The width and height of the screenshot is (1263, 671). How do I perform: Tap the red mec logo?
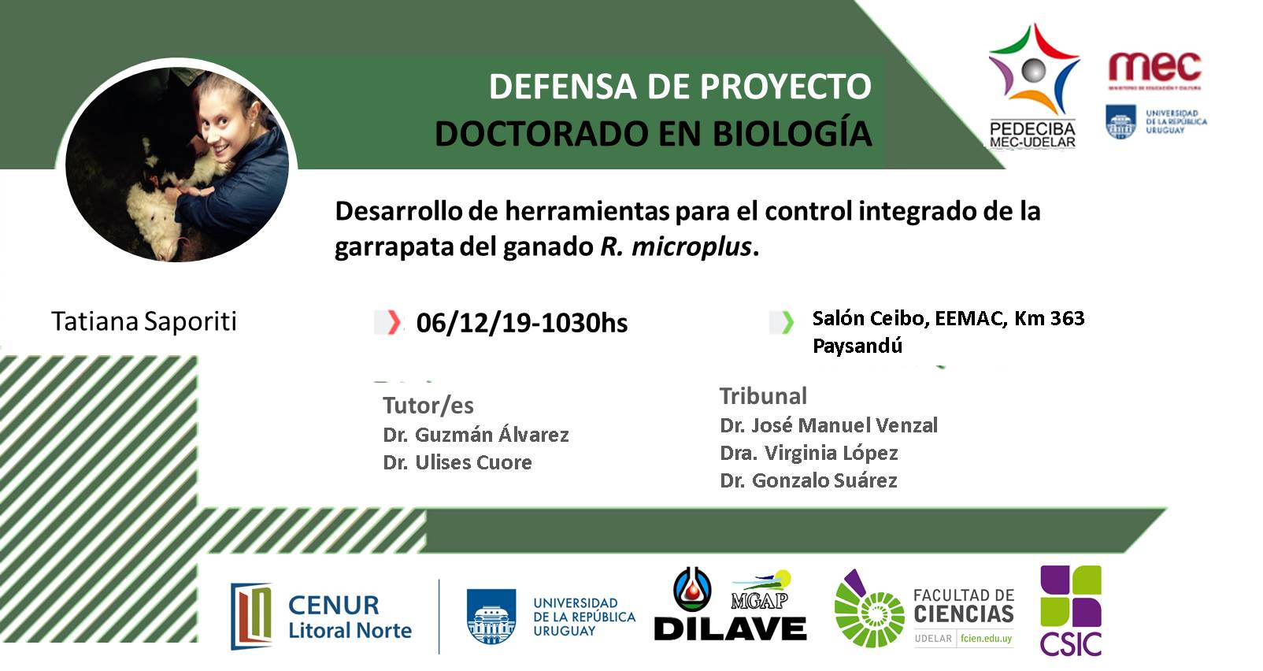pos(1155,68)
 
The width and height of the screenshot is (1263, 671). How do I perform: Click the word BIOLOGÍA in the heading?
pos(792,134)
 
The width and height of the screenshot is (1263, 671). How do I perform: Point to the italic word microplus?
pos(691,247)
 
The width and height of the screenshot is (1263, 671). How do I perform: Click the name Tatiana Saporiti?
pos(144,321)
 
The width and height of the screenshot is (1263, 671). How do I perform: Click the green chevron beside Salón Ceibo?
pos(787,322)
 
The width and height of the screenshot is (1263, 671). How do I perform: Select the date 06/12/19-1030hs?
pos(521,323)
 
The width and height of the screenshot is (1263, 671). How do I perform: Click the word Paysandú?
pos(857,346)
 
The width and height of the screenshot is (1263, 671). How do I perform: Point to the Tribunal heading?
pos(763,396)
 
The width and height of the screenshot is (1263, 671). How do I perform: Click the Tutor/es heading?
pos(428,405)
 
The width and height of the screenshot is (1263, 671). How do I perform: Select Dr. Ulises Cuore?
pos(457,462)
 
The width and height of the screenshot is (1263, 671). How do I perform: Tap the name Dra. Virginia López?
pos(809,453)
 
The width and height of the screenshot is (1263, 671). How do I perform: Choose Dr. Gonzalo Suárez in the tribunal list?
pos(808,480)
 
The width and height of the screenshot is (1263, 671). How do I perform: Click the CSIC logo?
pos(1071,610)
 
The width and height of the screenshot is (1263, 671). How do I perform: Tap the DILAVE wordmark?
pos(730,628)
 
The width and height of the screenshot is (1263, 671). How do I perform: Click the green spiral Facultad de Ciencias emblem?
pos(869,610)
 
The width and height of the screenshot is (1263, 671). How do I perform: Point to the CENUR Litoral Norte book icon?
pos(251,617)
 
